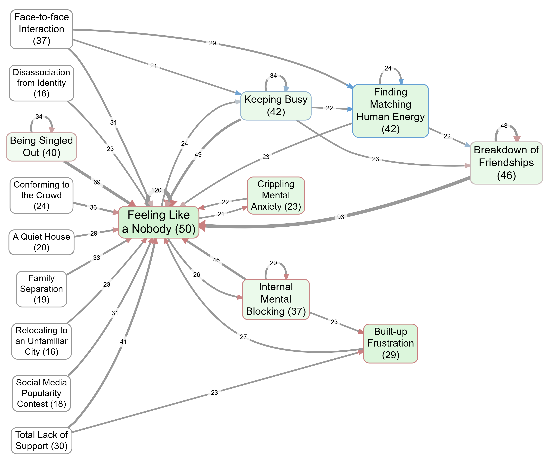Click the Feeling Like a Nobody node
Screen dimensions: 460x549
pyautogui.click(x=159, y=222)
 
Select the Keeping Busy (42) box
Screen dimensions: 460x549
pyautogui.click(x=276, y=106)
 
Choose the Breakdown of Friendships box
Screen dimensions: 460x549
pyautogui.click(x=506, y=163)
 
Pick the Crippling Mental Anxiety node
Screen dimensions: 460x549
pyautogui.click(x=276, y=196)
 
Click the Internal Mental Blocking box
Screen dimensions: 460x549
pyautogui.click(x=276, y=299)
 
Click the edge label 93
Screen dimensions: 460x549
pyautogui.click(x=340, y=217)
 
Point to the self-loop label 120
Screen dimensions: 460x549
pyautogui.click(x=156, y=190)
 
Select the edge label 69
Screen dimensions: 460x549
pyautogui.click(x=97, y=182)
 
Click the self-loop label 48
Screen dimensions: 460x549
pyautogui.click(x=504, y=126)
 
